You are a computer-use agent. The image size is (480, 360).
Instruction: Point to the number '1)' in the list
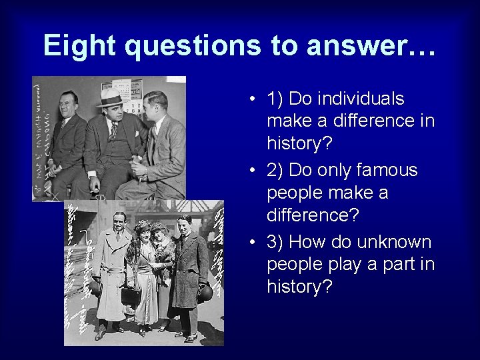pyautogui.click(x=275, y=99)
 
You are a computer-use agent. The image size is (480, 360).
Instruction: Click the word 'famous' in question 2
pyautogui.click(x=387, y=170)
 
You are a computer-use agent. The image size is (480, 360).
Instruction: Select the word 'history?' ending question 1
pyautogui.click(x=301, y=143)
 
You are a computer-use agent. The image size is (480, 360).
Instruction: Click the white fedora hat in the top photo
pyautogui.click(x=110, y=97)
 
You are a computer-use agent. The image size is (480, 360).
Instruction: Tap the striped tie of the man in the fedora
pyautogui.click(x=114, y=129)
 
